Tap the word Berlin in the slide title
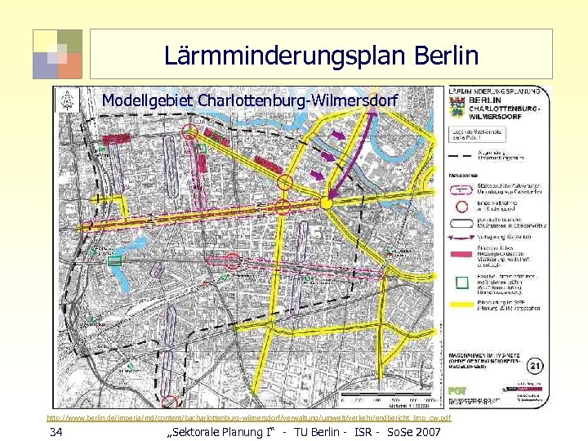(x=448, y=56)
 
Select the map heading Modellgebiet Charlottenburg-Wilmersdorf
(x=250, y=101)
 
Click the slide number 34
(x=55, y=431)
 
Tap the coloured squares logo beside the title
(x=57, y=54)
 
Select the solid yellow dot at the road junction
(x=326, y=202)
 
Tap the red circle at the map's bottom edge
(x=169, y=401)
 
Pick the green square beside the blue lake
(x=115, y=261)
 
